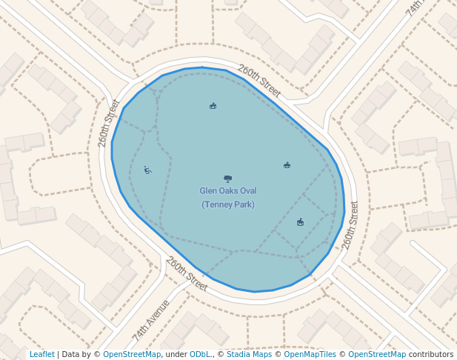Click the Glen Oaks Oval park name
pos(227,191)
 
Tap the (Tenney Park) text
pos(227,204)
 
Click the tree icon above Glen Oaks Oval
pos(227,179)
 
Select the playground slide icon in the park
pos(148,170)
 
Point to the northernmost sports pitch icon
pos(213,106)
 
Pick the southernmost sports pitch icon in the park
pos(300,222)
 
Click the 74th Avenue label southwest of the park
pos(151,319)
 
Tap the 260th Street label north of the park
pos(259,81)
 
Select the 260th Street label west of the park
pos(109,123)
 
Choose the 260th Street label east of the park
pos(350,225)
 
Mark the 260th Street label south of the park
pos(187,273)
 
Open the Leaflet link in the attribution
pos(41,355)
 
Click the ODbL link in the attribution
pos(200,355)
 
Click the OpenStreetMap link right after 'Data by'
pos(132,355)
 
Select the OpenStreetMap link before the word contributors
pos(377,355)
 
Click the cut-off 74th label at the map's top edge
pos(414,7)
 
